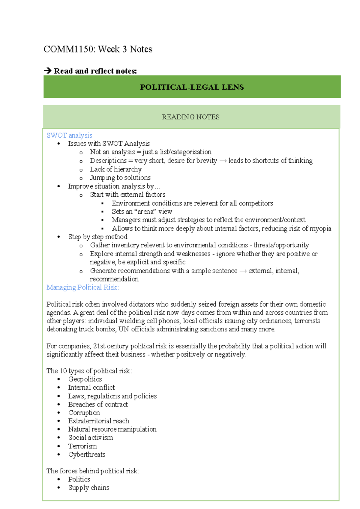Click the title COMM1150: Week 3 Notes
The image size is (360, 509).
click(98, 49)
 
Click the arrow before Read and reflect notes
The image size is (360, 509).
click(47, 71)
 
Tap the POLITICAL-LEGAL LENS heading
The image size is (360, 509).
click(192, 87)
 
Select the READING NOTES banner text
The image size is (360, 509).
click(190, 117)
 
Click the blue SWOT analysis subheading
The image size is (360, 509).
click(69, 135)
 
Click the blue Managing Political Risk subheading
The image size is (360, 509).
click(82, 287)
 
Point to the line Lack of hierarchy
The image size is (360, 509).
click(115, 169)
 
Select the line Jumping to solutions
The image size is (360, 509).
click(120, 177)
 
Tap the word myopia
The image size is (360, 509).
click(320, 228)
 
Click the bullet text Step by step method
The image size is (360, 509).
click(97, 237)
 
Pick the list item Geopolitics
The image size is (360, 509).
click(85, 379)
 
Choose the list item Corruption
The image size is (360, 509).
click(84, 413)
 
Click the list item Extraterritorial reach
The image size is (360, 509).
click(98, 421)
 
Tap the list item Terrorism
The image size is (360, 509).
click(82, 446)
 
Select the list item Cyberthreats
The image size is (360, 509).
click(87, 454)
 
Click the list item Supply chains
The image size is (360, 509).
click(88, 488)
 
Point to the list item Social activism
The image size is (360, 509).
click(90, 438)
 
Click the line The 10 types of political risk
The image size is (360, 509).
click(89, 371)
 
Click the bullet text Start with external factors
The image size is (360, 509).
click(127, 195)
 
